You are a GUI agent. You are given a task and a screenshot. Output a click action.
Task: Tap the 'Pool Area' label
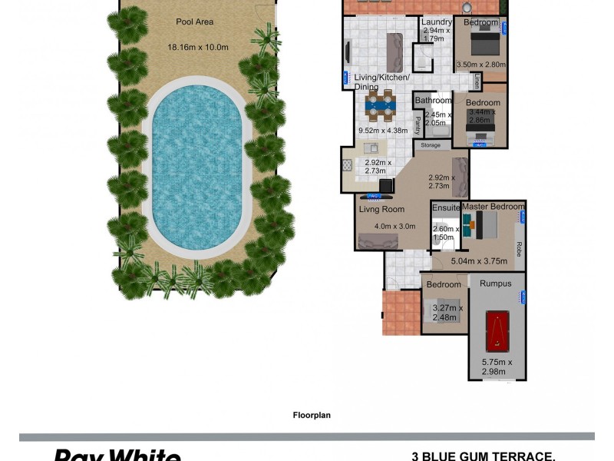point(195,22)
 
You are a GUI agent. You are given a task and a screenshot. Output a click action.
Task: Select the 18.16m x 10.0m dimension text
point(198,47)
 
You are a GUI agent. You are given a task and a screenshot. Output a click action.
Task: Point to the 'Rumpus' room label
point(496,284)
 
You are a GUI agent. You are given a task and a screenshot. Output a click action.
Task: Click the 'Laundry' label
point(436,22)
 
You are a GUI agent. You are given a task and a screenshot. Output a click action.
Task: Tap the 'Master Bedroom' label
point(493,207)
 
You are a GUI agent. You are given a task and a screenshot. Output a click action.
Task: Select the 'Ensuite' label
point(446,208)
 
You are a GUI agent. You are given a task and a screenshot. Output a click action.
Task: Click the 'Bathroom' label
point(434,101)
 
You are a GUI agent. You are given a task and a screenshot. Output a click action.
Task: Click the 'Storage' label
point(431,144)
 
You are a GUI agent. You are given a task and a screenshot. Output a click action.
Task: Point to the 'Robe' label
point(519,249)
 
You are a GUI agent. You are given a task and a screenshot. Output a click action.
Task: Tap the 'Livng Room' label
point(381,208)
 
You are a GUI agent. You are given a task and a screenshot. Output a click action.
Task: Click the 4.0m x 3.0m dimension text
point(394,227)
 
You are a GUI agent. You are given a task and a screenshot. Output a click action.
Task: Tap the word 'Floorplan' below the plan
point(311,416)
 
